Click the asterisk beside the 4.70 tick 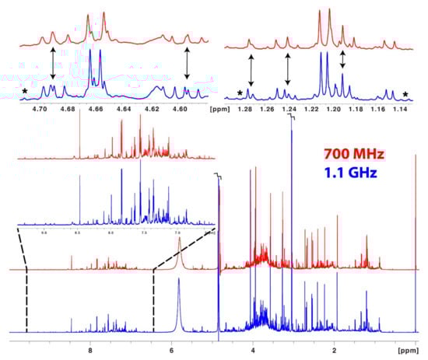coord(25,93)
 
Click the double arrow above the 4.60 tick coord(187,63)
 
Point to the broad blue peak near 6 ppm coord(179,299)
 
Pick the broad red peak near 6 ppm coord(179,250)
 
